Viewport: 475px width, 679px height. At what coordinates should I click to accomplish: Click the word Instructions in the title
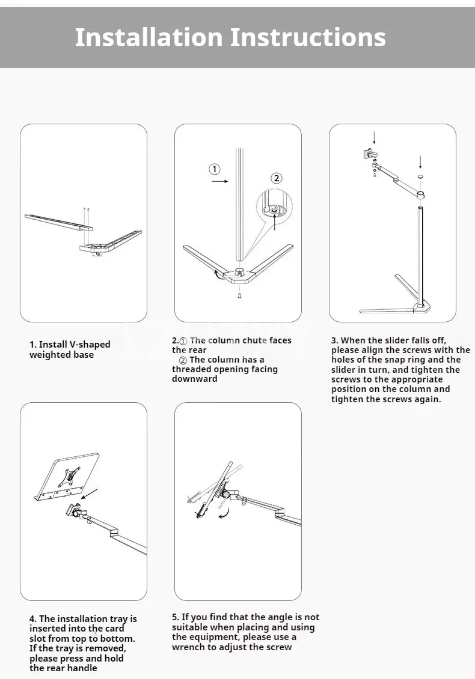(x=308, y=37)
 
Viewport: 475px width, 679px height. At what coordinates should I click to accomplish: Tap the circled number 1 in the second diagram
(x=215, y=169)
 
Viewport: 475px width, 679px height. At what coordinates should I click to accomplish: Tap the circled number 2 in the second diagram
(x=276, y=178)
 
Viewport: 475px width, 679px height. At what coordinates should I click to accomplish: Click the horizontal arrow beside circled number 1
(x=220, y=180)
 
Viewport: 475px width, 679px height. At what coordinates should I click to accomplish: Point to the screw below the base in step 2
(x=239, y=295)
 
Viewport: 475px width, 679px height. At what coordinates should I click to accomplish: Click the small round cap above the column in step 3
(x=420, y=177)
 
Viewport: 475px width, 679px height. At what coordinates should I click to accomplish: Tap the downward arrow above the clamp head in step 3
(x=374, y=137)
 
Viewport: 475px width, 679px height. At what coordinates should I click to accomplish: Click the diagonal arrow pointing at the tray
(x=90, y=494)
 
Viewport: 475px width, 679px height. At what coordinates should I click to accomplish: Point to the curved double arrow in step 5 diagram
(x=224, y=512)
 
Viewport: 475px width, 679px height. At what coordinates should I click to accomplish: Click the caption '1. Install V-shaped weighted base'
(x=70, y=349)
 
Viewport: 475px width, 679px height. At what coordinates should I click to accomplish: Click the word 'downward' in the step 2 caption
(x=195, y=379)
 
